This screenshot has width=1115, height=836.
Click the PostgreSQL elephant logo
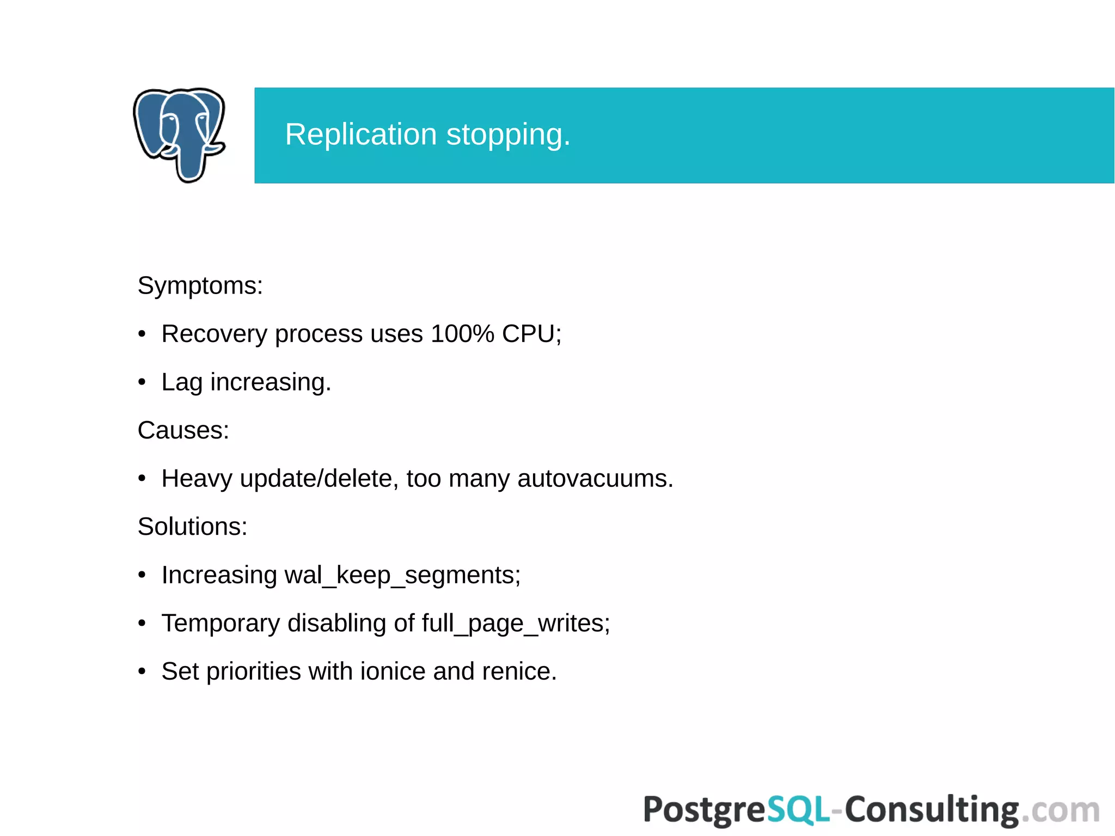point(179,135)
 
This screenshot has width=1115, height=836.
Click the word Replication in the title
point(360,135)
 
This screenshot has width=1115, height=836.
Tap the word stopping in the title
point(507,136)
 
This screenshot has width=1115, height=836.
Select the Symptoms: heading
point(200,285)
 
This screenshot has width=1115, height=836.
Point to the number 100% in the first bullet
point(462,334)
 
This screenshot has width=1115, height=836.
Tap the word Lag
point(182,382)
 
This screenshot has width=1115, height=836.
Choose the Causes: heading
point(183,430)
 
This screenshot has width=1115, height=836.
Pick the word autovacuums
point(595,479)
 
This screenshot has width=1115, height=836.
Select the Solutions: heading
point(192,527)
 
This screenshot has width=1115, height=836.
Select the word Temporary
point(220,624)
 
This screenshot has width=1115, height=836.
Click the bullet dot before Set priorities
point(142,672)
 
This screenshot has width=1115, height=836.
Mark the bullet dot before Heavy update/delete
point(142,479)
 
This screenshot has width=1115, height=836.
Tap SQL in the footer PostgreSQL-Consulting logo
point(798,809)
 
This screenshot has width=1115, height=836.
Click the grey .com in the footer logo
point(1060,810)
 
